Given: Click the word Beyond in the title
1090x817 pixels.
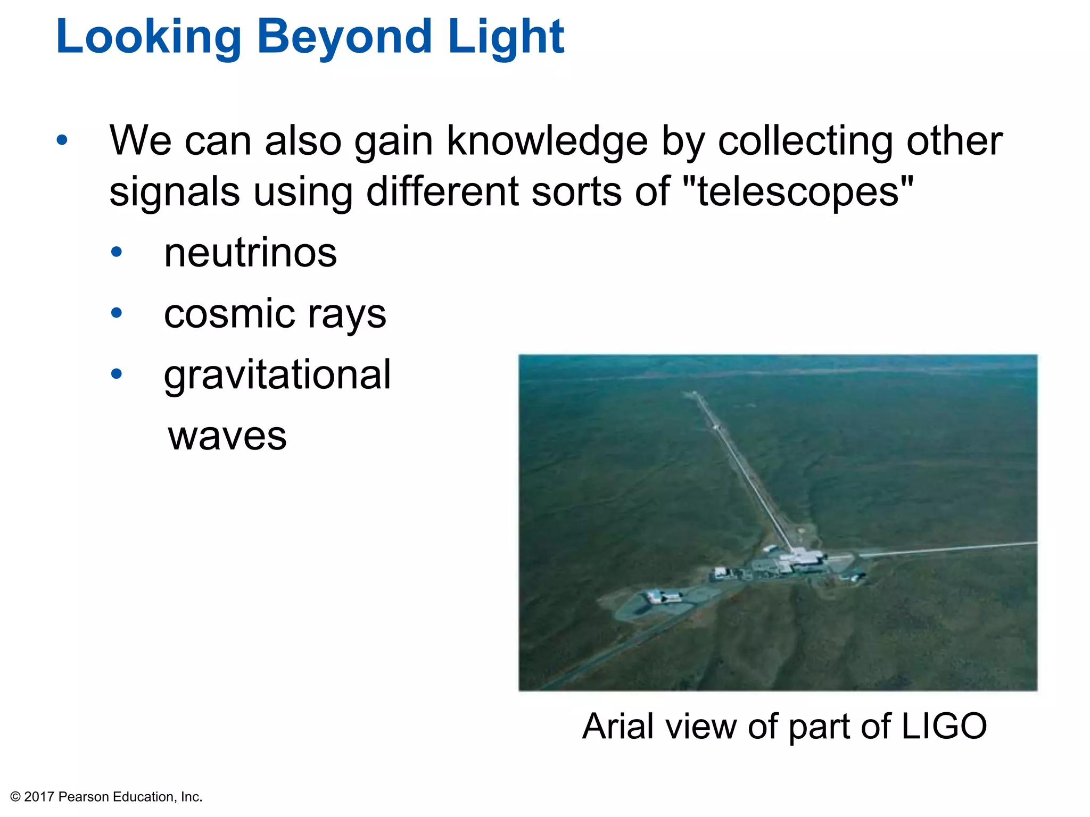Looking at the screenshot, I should click(344, 37).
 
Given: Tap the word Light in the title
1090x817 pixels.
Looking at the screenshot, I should click(506, 37).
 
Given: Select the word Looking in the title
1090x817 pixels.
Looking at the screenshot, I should click(148, 37).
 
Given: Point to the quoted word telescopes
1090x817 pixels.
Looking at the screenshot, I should click(798, 192).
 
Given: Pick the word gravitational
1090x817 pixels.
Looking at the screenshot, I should click(277, 375).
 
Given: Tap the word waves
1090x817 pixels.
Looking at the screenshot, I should click(227, 436).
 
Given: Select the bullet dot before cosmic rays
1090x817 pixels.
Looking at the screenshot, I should click(117, 313).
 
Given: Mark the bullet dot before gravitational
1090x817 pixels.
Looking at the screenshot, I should click(117, 374).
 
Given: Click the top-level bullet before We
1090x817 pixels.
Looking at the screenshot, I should click(62, 140).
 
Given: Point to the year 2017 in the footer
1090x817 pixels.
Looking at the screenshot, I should click(39, 797).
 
